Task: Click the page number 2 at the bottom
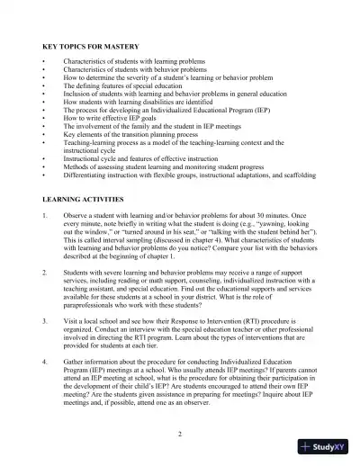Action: click(x=180, y=434)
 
